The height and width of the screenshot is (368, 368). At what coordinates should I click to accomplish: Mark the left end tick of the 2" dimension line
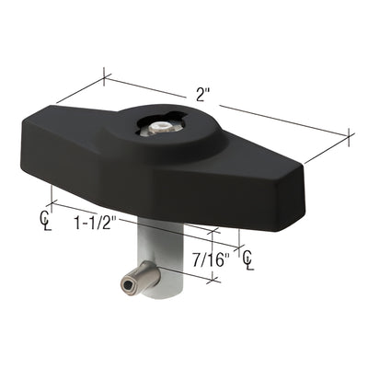point(104,77)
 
